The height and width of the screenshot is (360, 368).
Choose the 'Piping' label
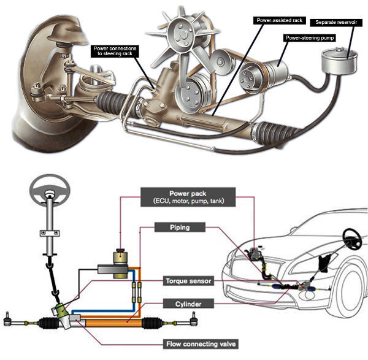(179, 228)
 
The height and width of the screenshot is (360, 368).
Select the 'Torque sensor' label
(188, 281)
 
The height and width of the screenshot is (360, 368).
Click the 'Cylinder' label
(188, 304)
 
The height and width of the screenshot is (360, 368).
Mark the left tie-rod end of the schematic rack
(9, 320)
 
